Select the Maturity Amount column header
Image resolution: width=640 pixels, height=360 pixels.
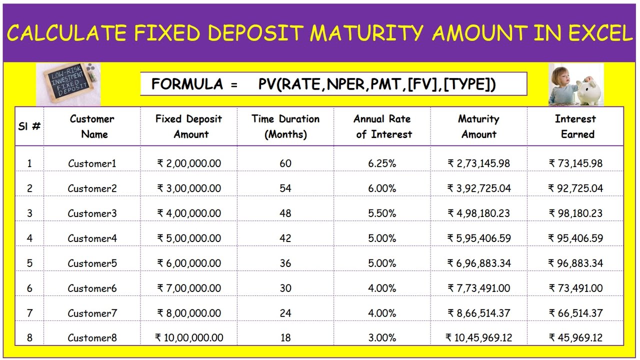coord(478,126)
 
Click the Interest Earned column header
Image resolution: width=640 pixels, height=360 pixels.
coord(575,126)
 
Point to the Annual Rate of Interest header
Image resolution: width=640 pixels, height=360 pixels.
coord(382,126)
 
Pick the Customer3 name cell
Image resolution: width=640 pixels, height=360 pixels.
coord(92,213)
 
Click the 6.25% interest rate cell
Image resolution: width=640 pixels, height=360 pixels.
coord(382,163)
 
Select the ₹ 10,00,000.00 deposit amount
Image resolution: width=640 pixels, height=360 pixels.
coord(189,338)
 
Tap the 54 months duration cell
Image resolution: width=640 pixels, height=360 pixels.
coord(285,188)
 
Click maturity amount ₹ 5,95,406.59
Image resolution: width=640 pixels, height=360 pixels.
coord(479,238)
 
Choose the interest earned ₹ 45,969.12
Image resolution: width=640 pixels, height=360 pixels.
coord(575,338)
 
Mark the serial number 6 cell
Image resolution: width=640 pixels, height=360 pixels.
coord(29,288)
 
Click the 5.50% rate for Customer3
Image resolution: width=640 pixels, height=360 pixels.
coord(382,213)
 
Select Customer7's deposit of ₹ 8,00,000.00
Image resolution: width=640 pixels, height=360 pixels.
coord(189,313)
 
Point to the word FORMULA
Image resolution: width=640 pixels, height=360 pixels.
coord(187,84)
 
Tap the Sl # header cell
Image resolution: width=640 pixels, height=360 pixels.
coord(29,126)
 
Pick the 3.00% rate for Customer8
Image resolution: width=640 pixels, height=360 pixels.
coord(382,338)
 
